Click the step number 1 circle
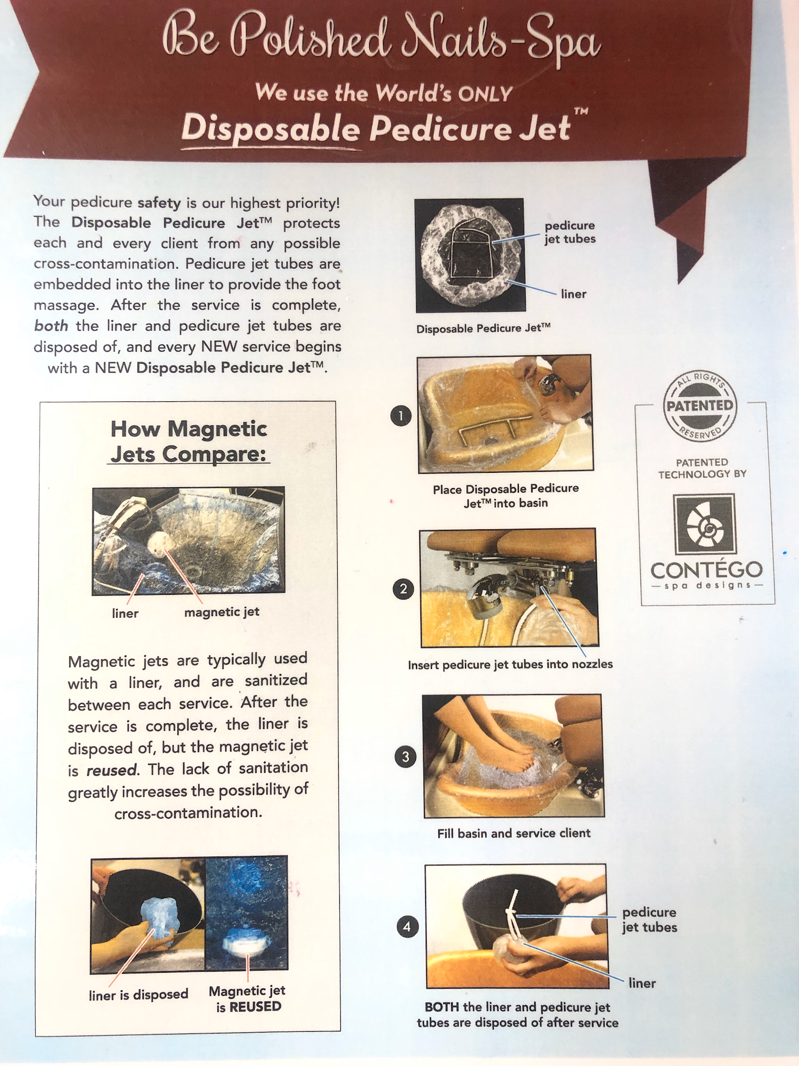pos(401,416)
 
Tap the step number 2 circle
pos(403,589)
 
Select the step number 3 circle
pos(405,757)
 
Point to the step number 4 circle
pos(407,926)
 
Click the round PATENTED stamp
pos(700,406)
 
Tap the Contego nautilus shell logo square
pos(705,524)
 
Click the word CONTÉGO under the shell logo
pos(706,570)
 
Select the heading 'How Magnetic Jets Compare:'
pos(189,441)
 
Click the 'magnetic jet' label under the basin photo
pos(222,612)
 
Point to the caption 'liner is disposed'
pos(138,995)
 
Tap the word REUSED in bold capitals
pos(255,1007)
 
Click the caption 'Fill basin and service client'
pos(514,833)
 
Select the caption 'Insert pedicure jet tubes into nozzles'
pos(510,665)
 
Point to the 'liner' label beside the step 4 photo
pos(642,983)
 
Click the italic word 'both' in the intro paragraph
pos(51,325)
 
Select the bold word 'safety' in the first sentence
pos(159,203)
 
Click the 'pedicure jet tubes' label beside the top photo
pos(569,232)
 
